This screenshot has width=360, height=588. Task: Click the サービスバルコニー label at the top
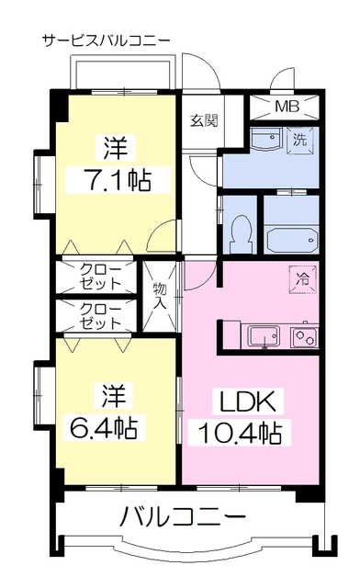107,40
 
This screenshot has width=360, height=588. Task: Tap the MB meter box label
287,107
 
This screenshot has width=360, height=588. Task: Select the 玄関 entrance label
204,120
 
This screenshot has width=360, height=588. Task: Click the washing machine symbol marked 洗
299,141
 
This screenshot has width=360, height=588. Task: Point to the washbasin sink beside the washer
266,139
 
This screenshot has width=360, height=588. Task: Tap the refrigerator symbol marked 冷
303,279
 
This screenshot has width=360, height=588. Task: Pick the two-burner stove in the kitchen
304,337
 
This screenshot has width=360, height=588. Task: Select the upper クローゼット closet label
101,277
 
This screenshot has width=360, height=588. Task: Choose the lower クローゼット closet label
101,316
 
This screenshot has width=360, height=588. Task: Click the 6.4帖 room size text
103,426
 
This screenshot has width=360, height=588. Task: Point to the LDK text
248,401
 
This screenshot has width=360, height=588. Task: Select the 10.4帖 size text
240,433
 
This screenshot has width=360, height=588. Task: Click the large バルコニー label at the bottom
183,516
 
